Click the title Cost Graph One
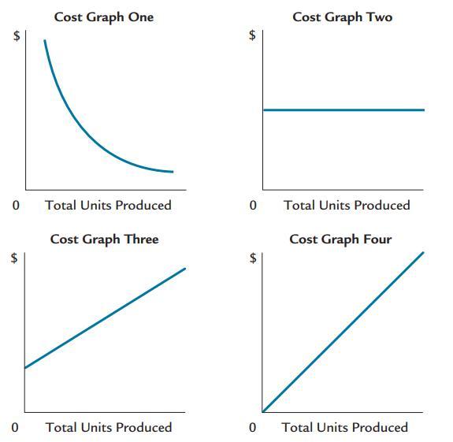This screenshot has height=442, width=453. (103, 17)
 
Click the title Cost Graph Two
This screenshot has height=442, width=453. (342, 17)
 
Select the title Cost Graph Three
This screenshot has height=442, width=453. (104, 239)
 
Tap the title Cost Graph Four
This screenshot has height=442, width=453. (340, 239)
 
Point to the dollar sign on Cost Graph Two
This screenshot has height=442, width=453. (252, 35)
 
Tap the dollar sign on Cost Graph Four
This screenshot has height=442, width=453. (252, 258)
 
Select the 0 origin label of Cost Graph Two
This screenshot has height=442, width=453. (252, 206)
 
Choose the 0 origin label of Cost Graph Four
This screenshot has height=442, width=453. (252, 428)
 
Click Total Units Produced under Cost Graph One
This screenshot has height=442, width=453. (108, 206)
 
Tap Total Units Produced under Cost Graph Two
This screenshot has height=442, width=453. (347, 206)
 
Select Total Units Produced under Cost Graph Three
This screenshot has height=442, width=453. (109, 428)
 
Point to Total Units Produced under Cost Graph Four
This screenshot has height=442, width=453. (345, 428)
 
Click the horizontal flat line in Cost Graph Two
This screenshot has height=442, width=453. (343, 110)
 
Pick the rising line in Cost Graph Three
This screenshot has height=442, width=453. (105, 318)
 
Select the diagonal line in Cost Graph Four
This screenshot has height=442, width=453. (343, 332)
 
